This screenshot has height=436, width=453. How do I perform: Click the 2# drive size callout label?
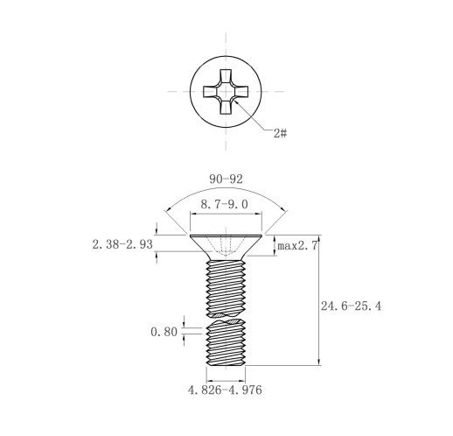(x=280, y=133)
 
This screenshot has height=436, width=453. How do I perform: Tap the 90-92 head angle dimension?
(x=226, y=179)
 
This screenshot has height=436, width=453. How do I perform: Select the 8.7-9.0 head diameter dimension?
(x=224, y=204)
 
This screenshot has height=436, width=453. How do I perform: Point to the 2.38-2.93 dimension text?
(x=122, y=244)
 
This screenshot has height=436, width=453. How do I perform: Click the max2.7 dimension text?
(x=297, y=246)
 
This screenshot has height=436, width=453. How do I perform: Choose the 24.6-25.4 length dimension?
(x=351, y=306)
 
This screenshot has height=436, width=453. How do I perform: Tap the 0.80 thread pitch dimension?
(x=164, y=332)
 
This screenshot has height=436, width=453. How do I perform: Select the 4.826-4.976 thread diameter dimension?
(x=225, y=390)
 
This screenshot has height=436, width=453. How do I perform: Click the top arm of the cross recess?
(x=226, y=77)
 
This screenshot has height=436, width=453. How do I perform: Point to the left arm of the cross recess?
(x=211, y=91)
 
